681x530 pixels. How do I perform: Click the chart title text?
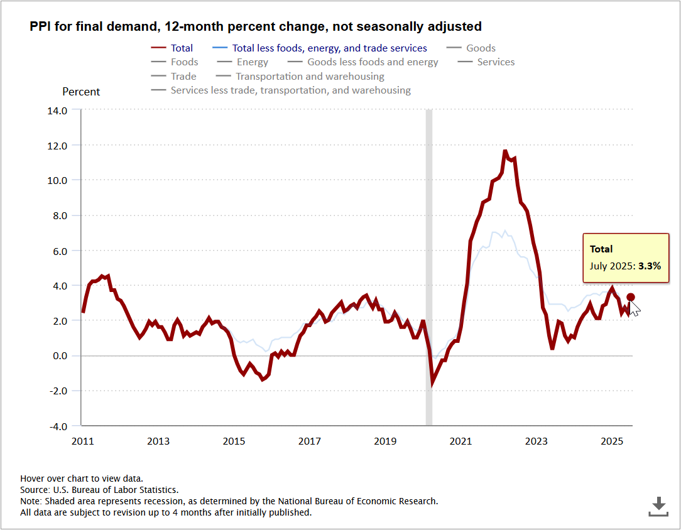pyautogui.click(x=255, y=26)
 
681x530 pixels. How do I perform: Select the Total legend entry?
pyautogui.click(x=182, y=48)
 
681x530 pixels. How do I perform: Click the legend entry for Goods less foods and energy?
pyautogui.click(x=373, y=62)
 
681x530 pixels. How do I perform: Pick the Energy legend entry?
pyautogui.click(x=252, y=62)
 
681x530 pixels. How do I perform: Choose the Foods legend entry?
pyautogui.click(x=184, y=62)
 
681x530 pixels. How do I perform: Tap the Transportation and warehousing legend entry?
pyautogui.click(x=310, y=77)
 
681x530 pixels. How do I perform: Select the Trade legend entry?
pyautogui.click(x=183, y=77)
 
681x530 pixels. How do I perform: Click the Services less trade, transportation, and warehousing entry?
pyautogui.click(x=290, y=90)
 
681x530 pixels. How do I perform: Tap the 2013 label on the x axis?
pyautogui.click(x=158, y=441)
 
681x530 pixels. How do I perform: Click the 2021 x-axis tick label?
pyautogui.click(x=460, y=441)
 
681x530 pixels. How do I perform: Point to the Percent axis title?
pyautogui.click(x=81, y=92)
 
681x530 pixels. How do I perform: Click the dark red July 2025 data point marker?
pyautogui.click(x=631, y=297)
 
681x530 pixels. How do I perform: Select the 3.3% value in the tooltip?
pyautogui.click(x=650, y=266)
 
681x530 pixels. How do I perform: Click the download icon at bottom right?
pyautogui.click(x=658, y=506)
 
